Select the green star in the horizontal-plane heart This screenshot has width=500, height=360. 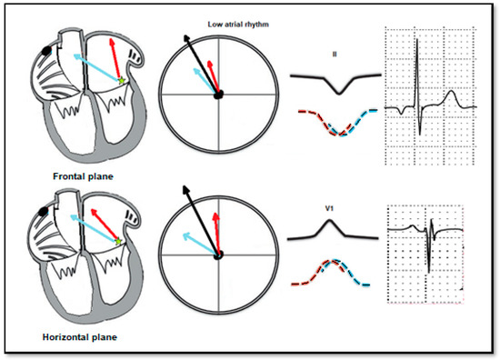pyautogui.click(x=118, y=242)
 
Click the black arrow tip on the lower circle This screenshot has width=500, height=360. pyautogui.click(x=187, y=188)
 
